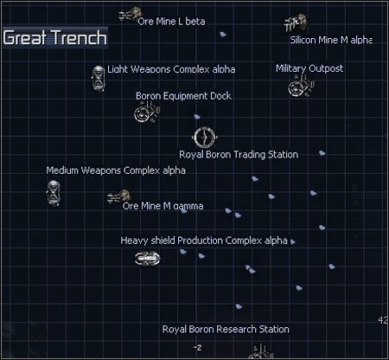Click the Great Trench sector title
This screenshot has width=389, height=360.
point(54,38)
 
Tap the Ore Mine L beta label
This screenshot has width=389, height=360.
point(171,22)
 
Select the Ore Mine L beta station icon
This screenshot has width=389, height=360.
point(131,15)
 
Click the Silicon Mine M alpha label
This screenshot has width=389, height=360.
point(330,40)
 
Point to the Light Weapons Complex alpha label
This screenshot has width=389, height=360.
point(171,69)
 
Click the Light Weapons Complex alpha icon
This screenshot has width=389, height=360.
point(99,76)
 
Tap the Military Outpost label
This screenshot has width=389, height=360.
point(309,68)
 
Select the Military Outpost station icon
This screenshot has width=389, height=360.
point(297,86)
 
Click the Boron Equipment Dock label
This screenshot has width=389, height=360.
point(183,96)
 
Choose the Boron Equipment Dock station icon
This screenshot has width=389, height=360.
point(144,112)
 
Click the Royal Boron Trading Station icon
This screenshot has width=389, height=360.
point(203,137)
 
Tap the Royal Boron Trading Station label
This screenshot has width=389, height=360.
point(239,155)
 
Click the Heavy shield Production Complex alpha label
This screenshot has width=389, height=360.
point(204,240)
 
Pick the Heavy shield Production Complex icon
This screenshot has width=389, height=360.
point(148,257)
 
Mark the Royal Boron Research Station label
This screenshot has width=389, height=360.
point(226,329)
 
